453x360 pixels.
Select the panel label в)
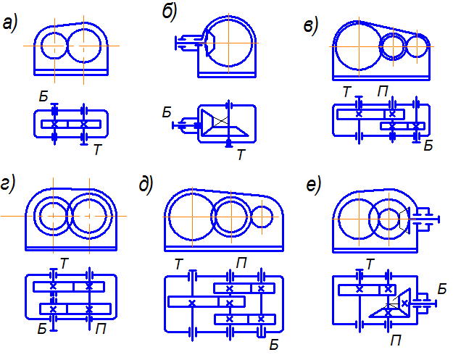tap(311, 27)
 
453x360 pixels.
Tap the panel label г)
tap(9, 185)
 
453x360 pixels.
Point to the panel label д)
tap(146, 185)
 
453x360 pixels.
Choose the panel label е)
tap(313, 185)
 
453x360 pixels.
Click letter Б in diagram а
tap(45, 95)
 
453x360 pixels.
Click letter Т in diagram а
tap(96, 149)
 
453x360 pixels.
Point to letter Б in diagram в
tap(428, 146)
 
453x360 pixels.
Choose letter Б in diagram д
tap(274, 343)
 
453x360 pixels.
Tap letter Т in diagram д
tap(178, 264)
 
